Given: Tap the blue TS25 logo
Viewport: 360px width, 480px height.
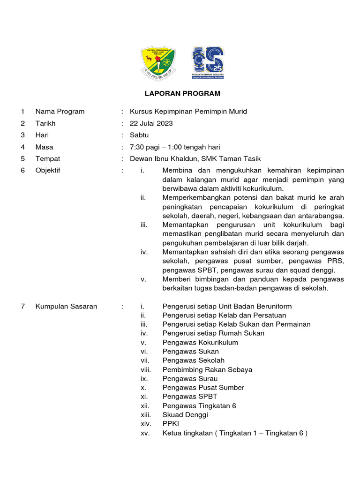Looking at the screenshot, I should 207,63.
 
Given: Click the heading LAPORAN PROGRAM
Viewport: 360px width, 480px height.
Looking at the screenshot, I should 182,94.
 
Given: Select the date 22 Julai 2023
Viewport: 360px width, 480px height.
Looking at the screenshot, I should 151,124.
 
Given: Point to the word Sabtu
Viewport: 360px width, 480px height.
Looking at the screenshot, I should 139,135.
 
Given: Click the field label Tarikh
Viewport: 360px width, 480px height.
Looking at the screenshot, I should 45,124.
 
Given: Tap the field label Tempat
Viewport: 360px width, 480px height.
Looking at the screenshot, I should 47,159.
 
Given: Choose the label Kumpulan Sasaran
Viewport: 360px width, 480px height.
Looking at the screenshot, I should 66,307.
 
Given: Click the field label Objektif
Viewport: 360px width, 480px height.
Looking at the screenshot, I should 47,171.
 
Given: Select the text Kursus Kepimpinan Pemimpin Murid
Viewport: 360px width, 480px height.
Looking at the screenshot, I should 188,112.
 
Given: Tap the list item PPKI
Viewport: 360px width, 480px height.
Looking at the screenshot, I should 171,424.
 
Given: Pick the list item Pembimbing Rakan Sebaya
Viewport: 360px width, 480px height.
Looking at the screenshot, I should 207,370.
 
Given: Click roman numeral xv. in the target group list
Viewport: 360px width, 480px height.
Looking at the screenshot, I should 145,433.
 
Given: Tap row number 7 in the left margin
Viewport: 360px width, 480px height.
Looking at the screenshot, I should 22,307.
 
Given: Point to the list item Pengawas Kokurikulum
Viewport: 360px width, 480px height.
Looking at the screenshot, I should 200,343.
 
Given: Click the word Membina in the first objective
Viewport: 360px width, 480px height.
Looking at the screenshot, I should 176,171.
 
